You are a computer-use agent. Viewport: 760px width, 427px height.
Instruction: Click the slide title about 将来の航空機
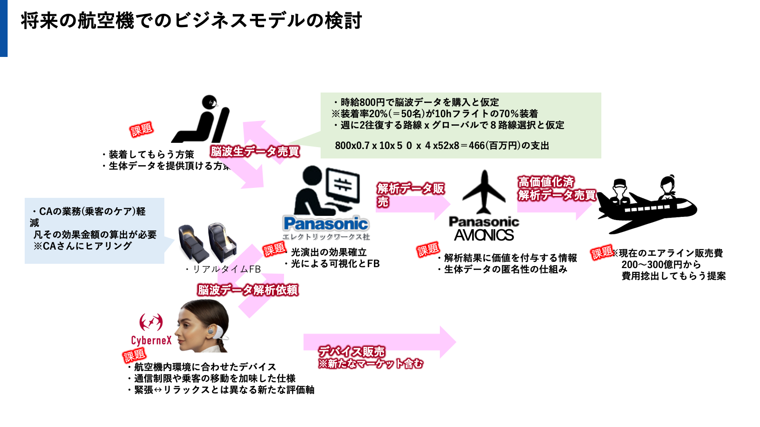pyautogui.click(x=191, y=21)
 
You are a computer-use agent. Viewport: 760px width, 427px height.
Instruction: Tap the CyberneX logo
pyautogui.click(x=151, y=329)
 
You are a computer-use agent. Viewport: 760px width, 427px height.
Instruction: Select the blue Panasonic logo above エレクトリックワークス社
pyautogui.click(x=326, y=223)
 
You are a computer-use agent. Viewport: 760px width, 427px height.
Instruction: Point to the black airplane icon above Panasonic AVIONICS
pyautogui.click(x=484, y=192)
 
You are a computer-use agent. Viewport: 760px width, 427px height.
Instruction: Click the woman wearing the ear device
pyautogui.click(x=201, y=326)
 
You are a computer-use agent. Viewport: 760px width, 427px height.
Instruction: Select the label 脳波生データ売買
pyautogui.click(x=255, y=152)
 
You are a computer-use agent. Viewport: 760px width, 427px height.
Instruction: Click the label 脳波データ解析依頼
pyautogui.click(x=248, y=290)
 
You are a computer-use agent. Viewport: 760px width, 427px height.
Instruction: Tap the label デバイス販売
pyautogui.click(x=351, y=352)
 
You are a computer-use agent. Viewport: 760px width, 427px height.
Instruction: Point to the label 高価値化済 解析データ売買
pyautogui.click(x=557, y=188)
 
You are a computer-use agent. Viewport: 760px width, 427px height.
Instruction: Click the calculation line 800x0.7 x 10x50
pyautogui.click(x=442, y=146)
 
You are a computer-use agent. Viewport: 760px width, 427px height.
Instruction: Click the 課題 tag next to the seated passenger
pyautogui.click(x=141, y=130)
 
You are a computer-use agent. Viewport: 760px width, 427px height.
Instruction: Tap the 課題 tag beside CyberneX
pyautogui.click(x=134, y=355)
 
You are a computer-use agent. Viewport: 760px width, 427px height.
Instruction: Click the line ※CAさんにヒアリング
pyautogui.click(x=83, y=246)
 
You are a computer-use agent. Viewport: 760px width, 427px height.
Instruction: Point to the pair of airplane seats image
pyautogui.click(x=208, y=242)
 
